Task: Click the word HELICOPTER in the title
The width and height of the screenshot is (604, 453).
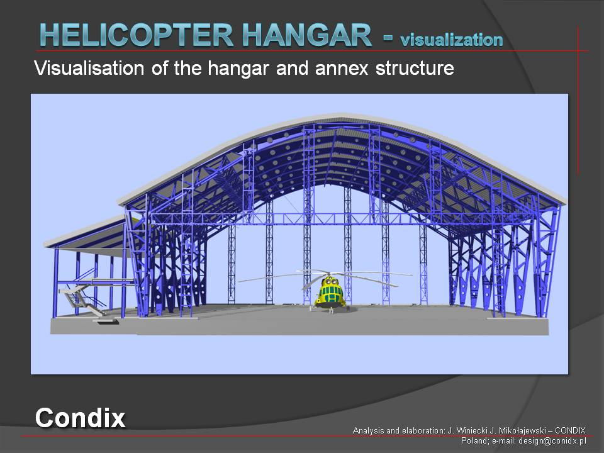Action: (137, 35)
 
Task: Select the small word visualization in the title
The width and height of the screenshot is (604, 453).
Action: (452, 40)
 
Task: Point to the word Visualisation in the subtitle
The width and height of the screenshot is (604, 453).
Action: (89, 68)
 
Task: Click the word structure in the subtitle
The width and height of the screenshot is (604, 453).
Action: (415, 68)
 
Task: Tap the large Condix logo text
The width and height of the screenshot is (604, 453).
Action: (80, 418)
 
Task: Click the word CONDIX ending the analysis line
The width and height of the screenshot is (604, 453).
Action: (570, 430)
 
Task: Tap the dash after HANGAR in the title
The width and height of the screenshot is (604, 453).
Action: (388, 38)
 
